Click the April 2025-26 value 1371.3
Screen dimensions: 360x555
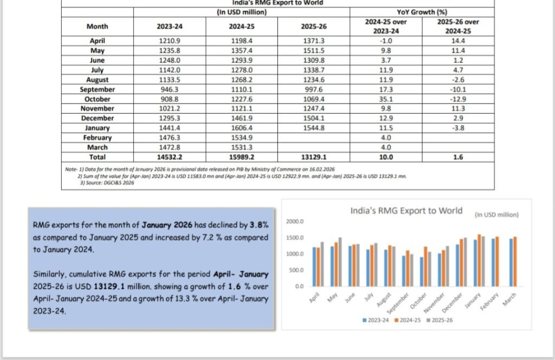[x=313, y=41]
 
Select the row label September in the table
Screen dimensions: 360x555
[x=97, y=89]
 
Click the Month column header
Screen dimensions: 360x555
[x=97, y=26]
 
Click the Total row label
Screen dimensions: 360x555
[x=97, y=157]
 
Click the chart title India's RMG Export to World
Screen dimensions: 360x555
[x=406, y=210]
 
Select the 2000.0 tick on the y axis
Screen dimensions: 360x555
[x=295, y=221]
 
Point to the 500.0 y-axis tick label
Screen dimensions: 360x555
[x=296, y=270]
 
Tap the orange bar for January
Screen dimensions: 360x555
[x=479, y=260]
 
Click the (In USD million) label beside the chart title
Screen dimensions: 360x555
[x=496, y=215]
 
